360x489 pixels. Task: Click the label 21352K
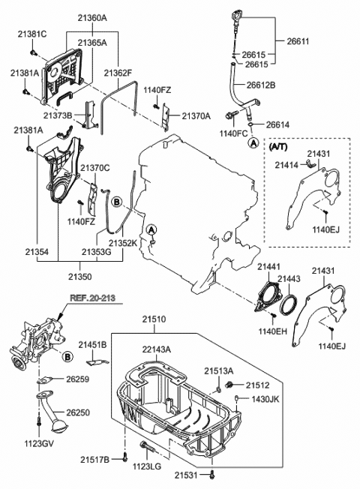[122, 242]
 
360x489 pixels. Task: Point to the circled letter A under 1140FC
[254, 142]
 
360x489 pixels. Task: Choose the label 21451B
[94, 343]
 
